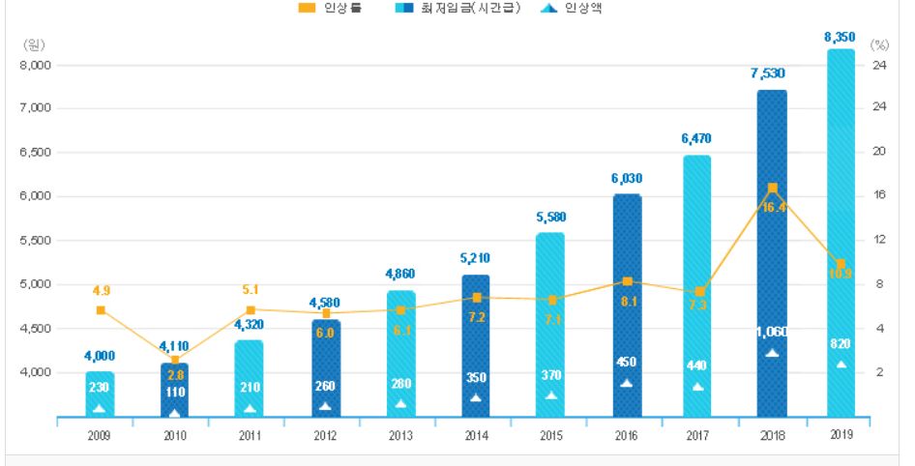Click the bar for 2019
click(841, 232)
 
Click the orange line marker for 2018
click(772, 188)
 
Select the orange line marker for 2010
click(175, 360)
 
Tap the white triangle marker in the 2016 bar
click(626, 383)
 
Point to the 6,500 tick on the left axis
click(38, 153)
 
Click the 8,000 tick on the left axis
click(38, 65)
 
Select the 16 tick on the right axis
click(879, 195)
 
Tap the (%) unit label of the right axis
click(879, 44)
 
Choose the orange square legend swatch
click(307, 8)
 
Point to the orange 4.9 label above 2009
click(101, 290)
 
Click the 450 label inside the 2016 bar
click(626, 363)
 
